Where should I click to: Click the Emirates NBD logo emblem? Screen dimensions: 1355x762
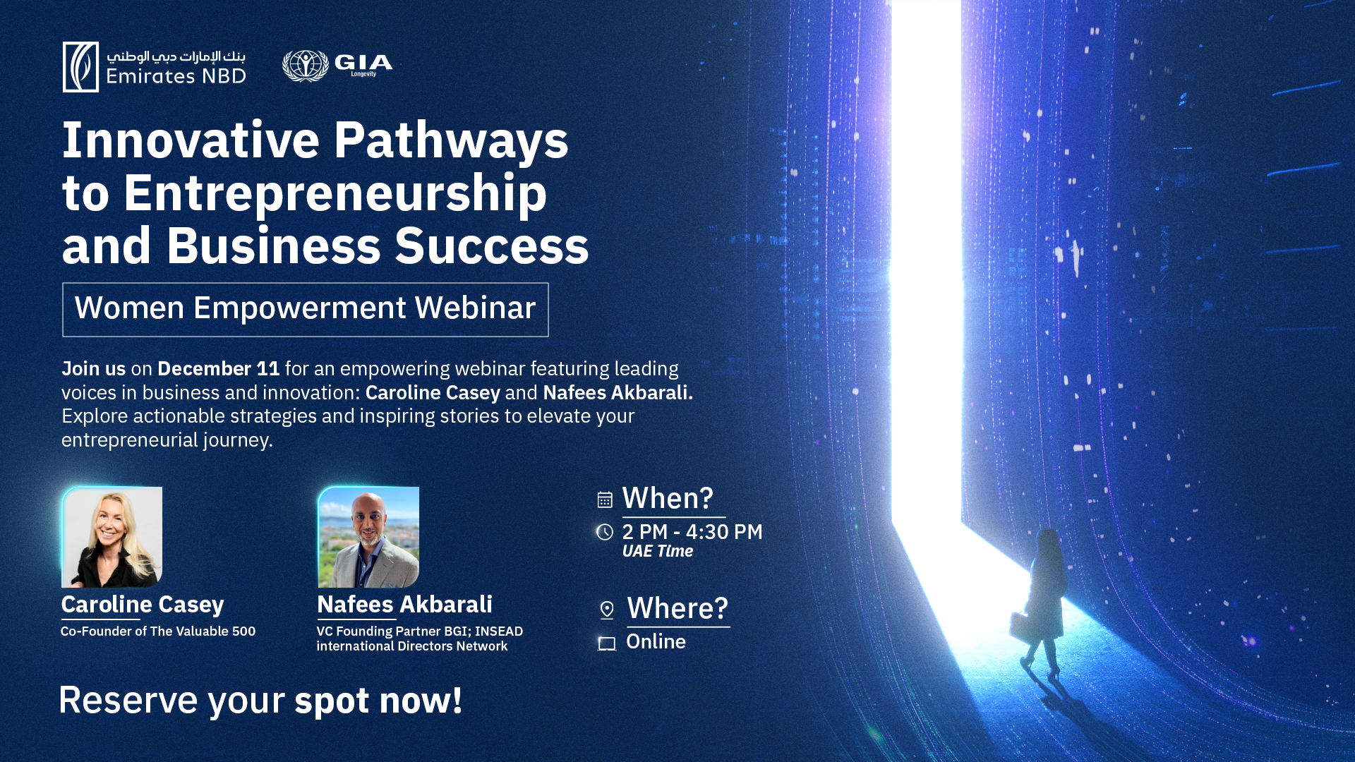point(80,67)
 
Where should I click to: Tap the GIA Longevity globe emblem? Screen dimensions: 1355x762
point(306,66)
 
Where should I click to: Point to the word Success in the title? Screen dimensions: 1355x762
point(492,246)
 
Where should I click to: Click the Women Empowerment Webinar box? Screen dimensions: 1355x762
point(306,310)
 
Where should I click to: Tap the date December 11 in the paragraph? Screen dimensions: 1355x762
point(219,368)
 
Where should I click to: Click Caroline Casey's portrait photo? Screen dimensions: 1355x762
point(112,537)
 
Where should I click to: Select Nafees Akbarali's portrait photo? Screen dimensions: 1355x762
point(368,537)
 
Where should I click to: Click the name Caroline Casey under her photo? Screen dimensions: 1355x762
point(143,604)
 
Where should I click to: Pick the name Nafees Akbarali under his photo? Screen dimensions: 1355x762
point(404,604)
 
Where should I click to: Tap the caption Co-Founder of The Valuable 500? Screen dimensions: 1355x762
point(158,631)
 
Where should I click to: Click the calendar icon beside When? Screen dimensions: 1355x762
point(605,500)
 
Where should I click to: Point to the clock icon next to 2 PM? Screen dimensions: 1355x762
point(605,532)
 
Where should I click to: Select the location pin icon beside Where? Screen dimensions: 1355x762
point(607,610)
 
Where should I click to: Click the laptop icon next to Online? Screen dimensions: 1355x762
point(607,643)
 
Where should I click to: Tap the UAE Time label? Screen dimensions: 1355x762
point(658,551)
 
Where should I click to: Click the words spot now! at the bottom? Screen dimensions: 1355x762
point(378,701)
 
